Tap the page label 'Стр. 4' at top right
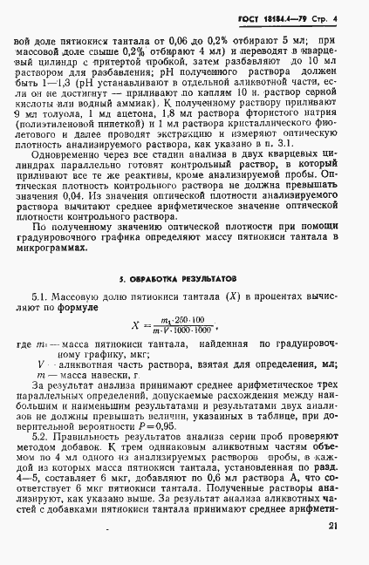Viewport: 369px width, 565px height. [343, 17]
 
